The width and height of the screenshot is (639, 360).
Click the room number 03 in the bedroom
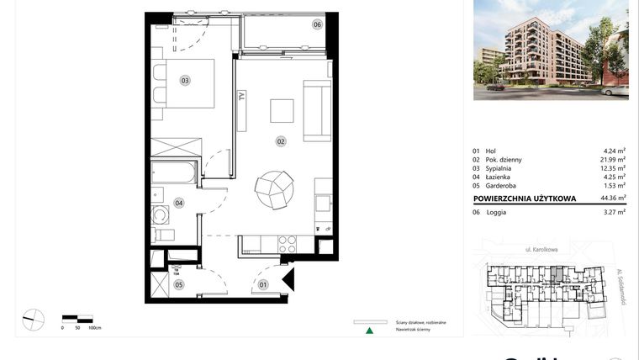(184, 81)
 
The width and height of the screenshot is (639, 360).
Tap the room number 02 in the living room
(281, 141)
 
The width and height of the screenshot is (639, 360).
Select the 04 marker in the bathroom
(179, 202)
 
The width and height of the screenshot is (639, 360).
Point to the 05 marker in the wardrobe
(179, 284)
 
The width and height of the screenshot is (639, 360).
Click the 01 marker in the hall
(262, 284)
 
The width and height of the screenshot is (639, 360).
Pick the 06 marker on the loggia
(317, 24)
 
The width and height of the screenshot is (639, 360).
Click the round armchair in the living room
(276, 189)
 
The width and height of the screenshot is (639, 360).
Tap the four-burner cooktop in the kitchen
(288, 244)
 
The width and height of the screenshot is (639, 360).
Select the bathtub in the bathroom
(174, 175)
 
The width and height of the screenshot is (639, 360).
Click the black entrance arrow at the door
(288, 279)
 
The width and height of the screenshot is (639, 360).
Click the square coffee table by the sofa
(281, 110)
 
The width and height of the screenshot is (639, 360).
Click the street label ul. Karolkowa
(541, 250)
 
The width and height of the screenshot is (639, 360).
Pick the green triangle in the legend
(367, 331)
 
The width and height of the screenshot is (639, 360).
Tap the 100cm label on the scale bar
(94, 327)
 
